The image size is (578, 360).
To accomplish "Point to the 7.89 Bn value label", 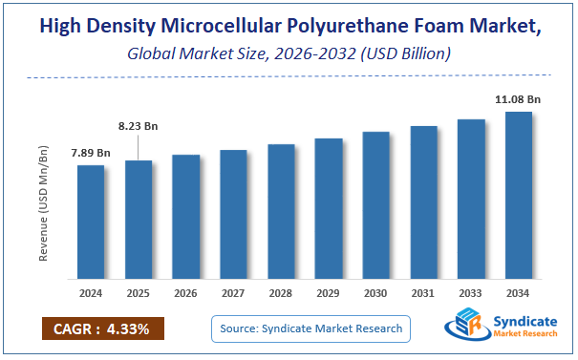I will pos(90,153).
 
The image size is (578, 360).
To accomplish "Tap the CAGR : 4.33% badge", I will pos(103,329).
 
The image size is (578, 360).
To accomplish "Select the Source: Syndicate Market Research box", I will pos(310,329).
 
